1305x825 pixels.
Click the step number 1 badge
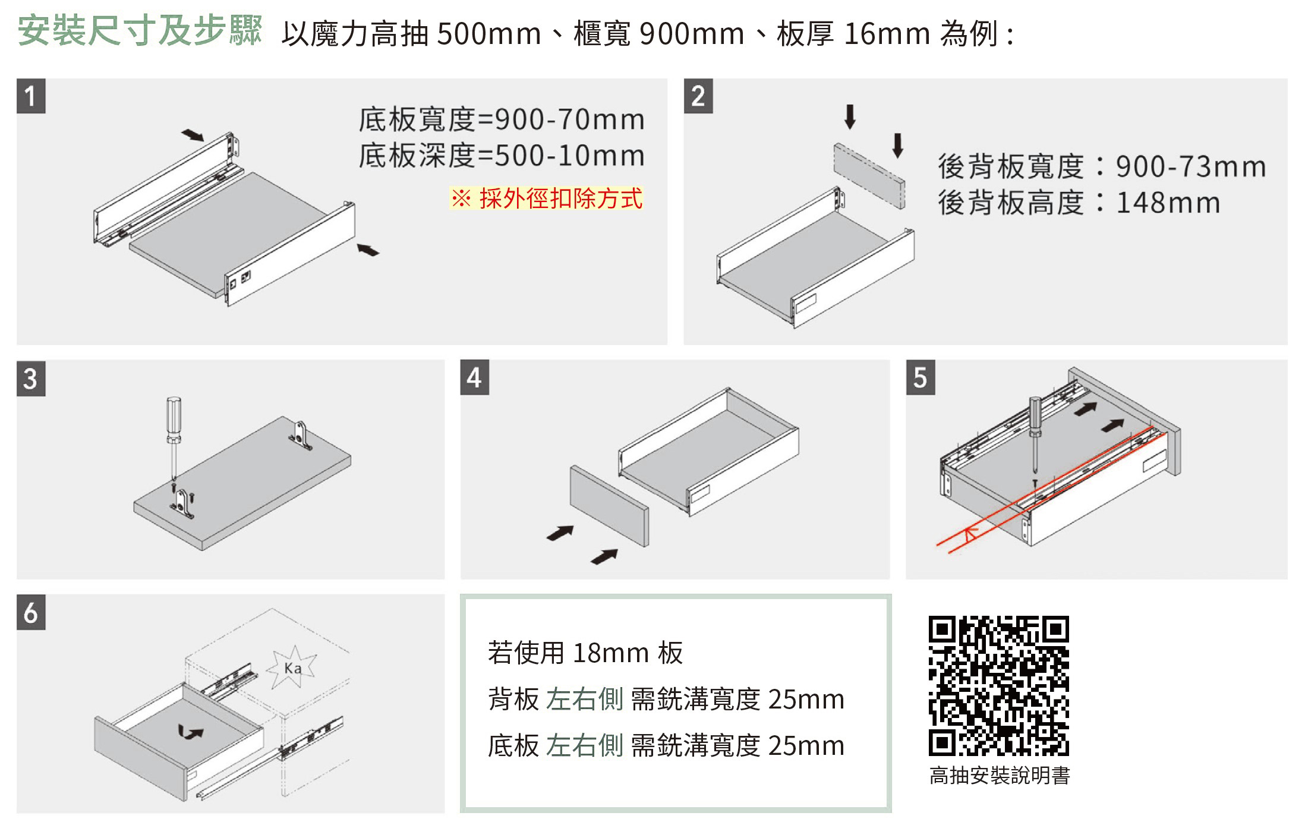click(31, 96)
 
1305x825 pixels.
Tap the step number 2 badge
click(698, 96)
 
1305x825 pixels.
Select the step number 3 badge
click(31, 378)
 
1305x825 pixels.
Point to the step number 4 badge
click(474, 377)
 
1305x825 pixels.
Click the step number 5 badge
click(920, 377)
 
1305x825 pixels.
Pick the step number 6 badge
click(31, 612)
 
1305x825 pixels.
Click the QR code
click(998, 685)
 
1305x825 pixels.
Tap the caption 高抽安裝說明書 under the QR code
click(1000, 776)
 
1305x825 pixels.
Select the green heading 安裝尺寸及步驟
click(140, 31)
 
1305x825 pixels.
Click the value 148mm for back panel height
click(1168, 203)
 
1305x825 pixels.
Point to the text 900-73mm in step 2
click(1191, 167)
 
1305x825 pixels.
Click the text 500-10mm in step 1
click(569, 156)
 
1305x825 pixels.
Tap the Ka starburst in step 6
click(292, 668)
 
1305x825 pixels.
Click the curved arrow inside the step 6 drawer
click(190, 733)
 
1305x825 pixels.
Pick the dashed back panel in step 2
click(869, 175)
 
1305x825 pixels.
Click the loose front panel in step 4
click(609, 505)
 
